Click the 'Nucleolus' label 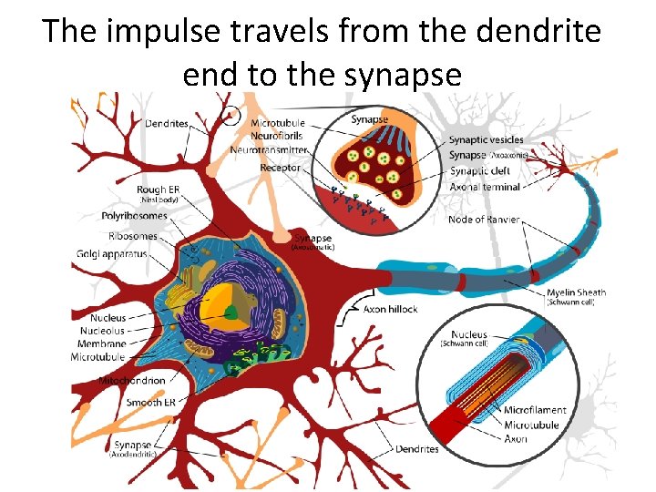[x=102, y=331]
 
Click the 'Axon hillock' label [x=390, y=309]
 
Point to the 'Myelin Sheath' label [x=576, y=292]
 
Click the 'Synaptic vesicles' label [x=486, y=139]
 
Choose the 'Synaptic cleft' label [x=481, y=171]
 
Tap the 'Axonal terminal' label [x=485, y=187]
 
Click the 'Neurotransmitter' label [x=269, y=149]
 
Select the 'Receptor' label [x=281, y=168]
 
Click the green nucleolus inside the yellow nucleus [x=232, y=313]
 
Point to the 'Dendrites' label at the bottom [x=416, y=449]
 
